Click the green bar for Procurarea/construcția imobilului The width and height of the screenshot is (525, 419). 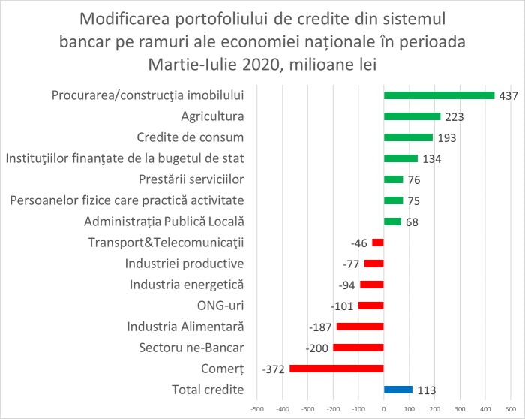pos(439,95)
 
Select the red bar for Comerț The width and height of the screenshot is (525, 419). pos(336,368)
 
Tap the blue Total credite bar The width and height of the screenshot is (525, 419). pos(397,390)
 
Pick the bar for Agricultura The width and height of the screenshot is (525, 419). pos(412,116)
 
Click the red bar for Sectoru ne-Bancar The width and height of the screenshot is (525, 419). pos(358,348)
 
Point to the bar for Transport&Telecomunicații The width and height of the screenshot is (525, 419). pos(377,243)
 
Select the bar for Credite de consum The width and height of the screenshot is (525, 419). pos(408,137)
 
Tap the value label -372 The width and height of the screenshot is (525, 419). pos(274,369)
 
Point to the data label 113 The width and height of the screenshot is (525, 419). pos(426,390)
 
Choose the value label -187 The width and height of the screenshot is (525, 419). pos(321,327)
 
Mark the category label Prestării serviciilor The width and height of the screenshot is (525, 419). pos(192,179)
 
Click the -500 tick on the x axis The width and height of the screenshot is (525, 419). pos(256,409)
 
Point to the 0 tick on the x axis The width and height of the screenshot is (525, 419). pos(383,409)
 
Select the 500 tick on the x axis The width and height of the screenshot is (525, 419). pos(511,409)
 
